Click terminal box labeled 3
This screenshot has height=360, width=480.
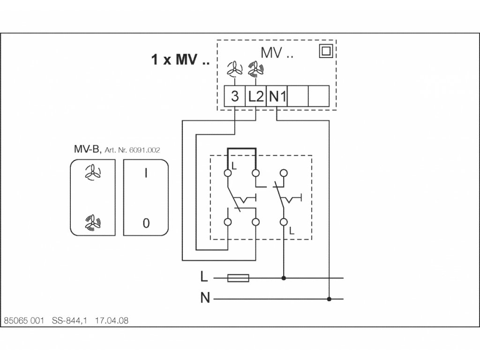pyautogui.click(x=235, y=97)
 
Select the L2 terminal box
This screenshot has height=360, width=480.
pyautogui.click(x=255, y=97)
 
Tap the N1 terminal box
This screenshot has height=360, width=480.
pyautogui.click(x=277, y=97)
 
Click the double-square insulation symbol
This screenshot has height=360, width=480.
pyautogui.click(x=325, y=51)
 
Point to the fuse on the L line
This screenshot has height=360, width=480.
pyautogui.click(x=238, y=278)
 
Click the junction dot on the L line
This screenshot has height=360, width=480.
pyautogui.click(x=283, y=278)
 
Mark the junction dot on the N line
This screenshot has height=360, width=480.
pyautogui.click(x=330, y=299)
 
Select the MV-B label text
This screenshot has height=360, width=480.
pyautogui.click(x=87, y=150)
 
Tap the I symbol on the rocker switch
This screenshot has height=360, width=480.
pyautogui.click(x=146, y=173)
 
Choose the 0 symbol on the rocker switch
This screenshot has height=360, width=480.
pyautogui.click(x=146, y=223)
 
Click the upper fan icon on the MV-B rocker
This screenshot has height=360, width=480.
pyautogui.click(x=92, y=173)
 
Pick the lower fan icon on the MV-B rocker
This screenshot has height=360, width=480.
pyautogui.click(x=92, y=222)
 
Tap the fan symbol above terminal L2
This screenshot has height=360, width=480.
pyautogui.click(x=255, y=70)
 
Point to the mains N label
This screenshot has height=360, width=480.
pyautogui.click(x=205, y=298)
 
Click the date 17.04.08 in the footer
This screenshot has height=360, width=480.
pyautogui.click(x=112, y=321)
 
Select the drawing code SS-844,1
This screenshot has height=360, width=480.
pyautogui.click(x=70, y=321)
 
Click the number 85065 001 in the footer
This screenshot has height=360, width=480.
pyautogui.click(x=23, y=321)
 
